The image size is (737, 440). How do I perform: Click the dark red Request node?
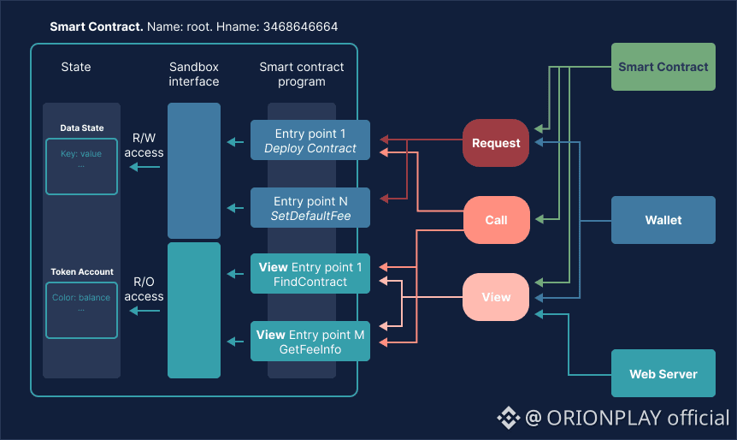click(496, 143)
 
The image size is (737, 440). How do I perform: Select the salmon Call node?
click(496, 220)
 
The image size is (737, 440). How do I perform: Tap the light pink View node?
click(496, 297)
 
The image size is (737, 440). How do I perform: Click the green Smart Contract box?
click(663, 67)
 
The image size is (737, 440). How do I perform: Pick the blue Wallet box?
click(663, 220)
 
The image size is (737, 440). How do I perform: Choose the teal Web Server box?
click(663, 374)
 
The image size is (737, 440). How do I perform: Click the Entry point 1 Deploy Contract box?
click(310, 140)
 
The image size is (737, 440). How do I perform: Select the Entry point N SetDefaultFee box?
click(310, 208)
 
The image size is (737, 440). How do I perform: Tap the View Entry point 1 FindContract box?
click(310, 274)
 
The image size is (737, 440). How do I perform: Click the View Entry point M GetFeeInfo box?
click(310, 342)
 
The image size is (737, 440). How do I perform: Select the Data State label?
click(82, 128)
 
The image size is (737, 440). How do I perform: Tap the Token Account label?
click(82, 272)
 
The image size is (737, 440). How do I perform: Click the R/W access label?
click(144, 146)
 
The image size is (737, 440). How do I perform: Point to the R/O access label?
click(144, 289)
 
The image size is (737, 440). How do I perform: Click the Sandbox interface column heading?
click(194, 74)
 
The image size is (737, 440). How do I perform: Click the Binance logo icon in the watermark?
click(509, 418)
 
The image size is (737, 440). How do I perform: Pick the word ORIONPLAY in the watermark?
click(602, 418)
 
